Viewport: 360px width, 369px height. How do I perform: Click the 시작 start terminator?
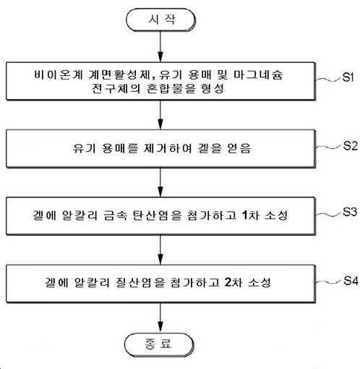click(160, 20)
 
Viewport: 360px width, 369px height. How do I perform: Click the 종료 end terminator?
click(159, 344)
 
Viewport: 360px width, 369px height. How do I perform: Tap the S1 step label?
click(348, 77)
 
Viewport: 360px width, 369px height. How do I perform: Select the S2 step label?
click(350, 145)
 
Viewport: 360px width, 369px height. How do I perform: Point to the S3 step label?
click(350, 212)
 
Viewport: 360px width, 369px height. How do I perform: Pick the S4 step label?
click(351, 281)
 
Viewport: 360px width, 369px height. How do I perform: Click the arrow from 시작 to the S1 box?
click(160, 47)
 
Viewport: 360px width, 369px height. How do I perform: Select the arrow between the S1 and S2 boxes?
click(160, 115)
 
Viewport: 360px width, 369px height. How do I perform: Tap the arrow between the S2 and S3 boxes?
click(160, 182)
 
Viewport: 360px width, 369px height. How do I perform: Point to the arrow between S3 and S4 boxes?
click(160, 250)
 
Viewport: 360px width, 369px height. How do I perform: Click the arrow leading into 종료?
click(160, 318)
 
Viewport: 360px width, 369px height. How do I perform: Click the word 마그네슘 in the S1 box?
click(258, 75)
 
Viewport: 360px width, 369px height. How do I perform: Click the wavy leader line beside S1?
click(329, 80)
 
